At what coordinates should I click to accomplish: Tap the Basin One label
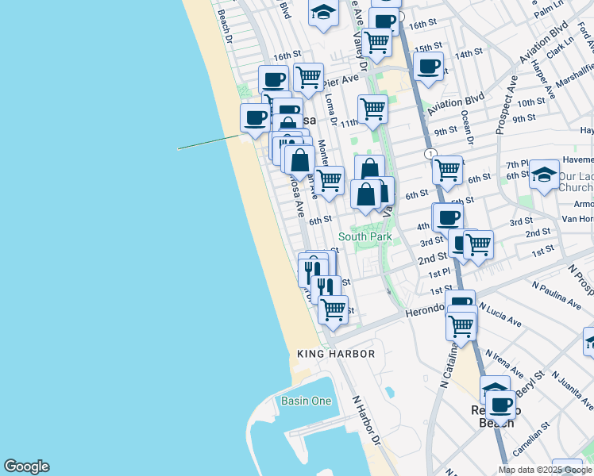[306, 401]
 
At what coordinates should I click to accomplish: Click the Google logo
[26, 466]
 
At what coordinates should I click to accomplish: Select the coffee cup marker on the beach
[255, 119]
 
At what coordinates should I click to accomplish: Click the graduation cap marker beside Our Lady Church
[544, 174]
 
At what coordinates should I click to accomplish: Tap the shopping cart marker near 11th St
[372, 109]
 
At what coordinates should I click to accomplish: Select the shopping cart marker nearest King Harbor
[333, 309]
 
